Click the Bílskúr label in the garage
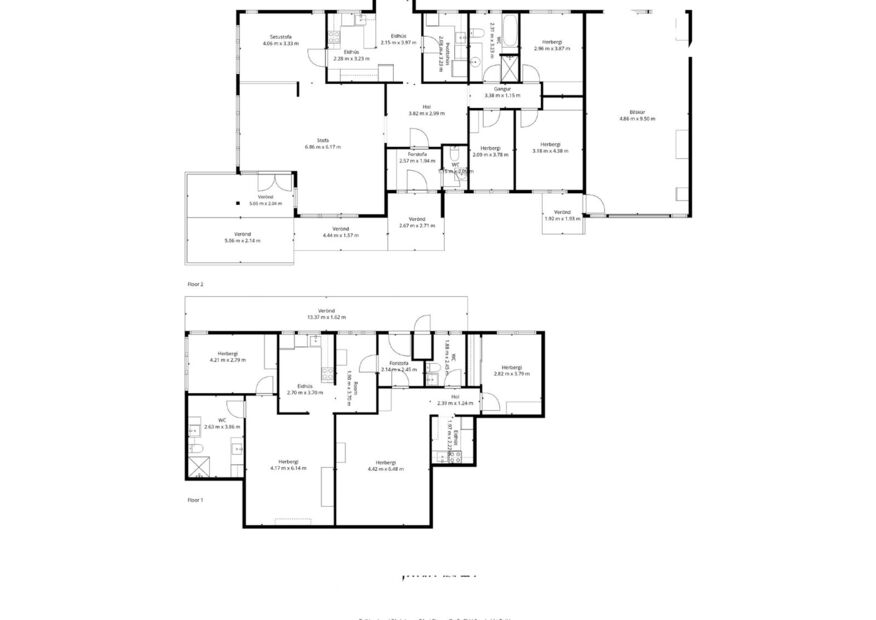click(x=637, y=112)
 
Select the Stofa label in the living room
click(x=323, y=140)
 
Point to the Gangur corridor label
click(x=504, y=89)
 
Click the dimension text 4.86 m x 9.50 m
click(x=637, y=119)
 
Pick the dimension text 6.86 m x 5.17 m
click(x=323, y=147)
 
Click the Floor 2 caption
click(x=195, y=284)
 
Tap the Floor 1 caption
click(x=195, y=499)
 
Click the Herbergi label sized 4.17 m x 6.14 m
click(x=288, y=461)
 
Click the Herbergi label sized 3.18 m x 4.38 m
click(x=551, y=144)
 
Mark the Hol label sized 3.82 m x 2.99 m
click(x=426, y=107)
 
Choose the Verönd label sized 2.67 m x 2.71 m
click(x=416, y=219)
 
